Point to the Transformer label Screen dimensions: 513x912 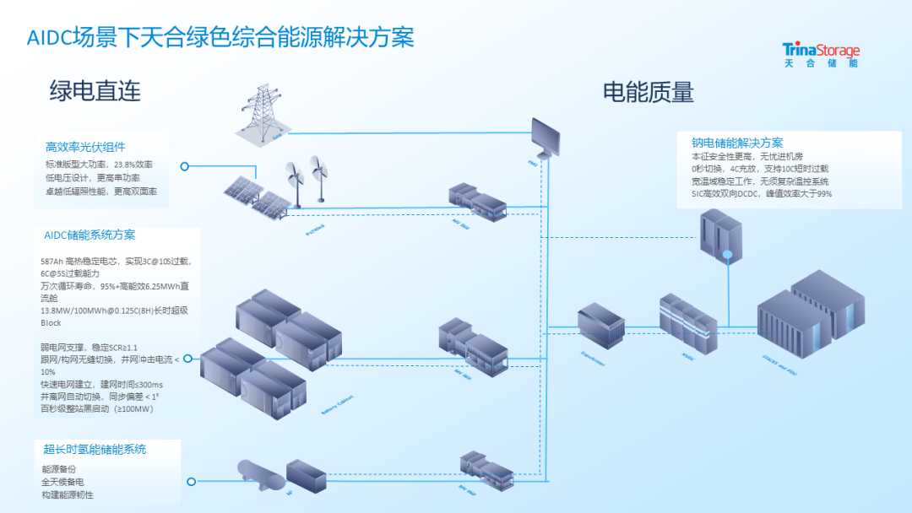[x=593, y=359]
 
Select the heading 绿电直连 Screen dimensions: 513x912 [x=95, y=90]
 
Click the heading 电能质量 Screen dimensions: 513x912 [x=648, y=91]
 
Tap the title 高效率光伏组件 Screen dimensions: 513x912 [x=85, y=147]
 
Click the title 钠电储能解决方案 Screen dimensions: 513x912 [x=737, y=143]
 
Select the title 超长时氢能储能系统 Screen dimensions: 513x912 [x=95, y=449]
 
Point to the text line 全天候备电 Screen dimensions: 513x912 [x=62, y=482]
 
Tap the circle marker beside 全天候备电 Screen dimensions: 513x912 [x=192, y=482]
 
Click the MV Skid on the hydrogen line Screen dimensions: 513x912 [x=487, y=472]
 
